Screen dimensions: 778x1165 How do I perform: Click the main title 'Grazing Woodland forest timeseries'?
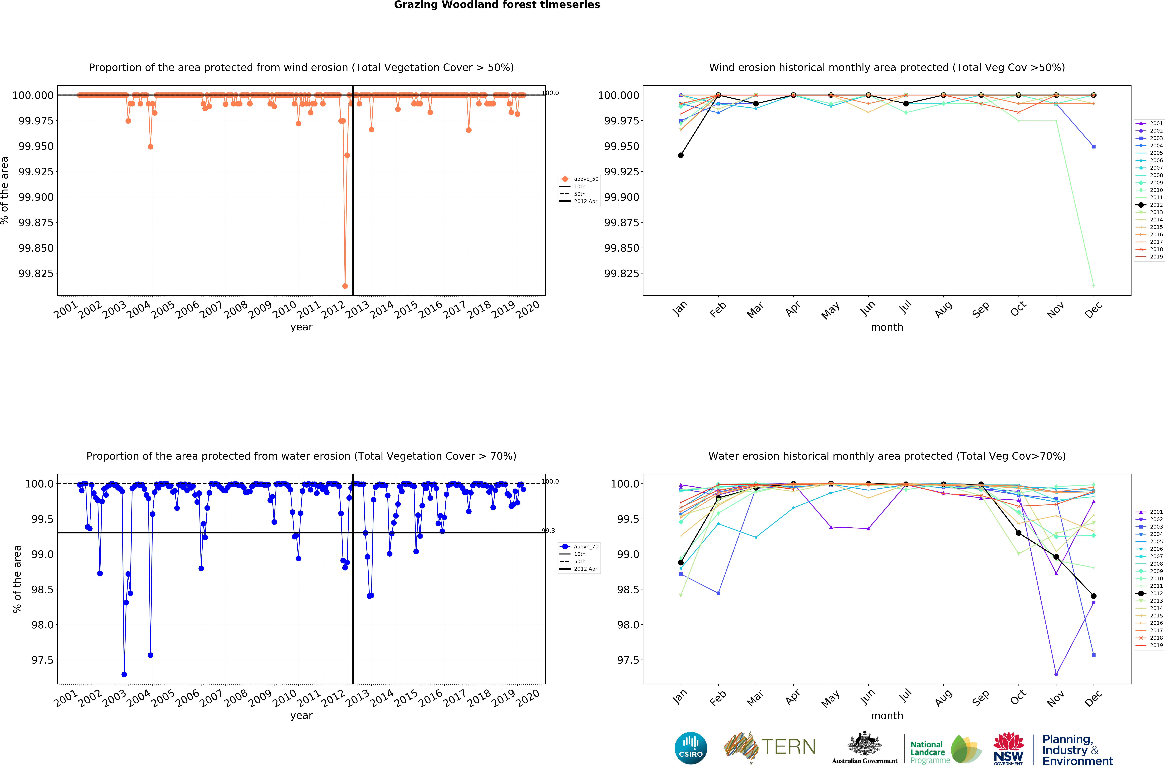[497, 5]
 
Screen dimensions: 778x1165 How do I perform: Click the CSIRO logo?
[690, 748]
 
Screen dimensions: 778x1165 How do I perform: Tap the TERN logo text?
[788, 747]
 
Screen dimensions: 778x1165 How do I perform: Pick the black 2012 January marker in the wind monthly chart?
[681, 155]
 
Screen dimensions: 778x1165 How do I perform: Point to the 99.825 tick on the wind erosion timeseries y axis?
[36, 273]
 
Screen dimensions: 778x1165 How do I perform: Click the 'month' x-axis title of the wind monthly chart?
[887, 327]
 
